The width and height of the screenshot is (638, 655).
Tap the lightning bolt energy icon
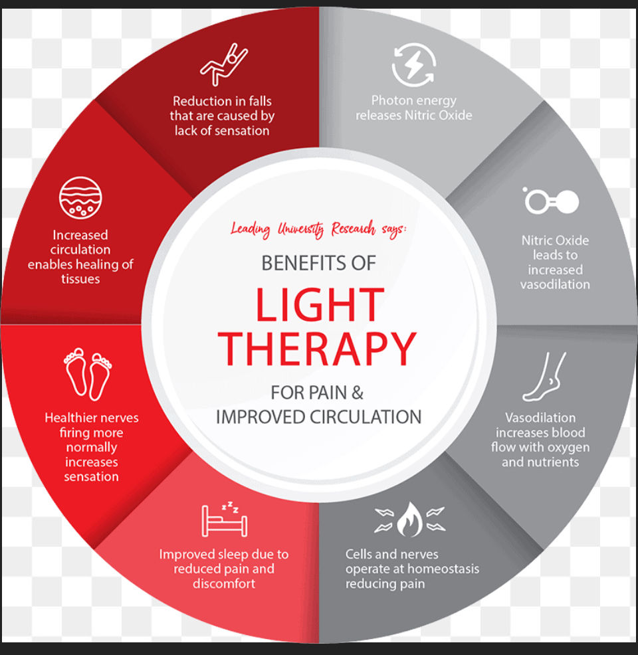(413, 65)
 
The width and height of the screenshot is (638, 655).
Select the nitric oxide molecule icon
(551, 201)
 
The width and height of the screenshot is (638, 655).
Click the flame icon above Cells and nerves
(410, 519)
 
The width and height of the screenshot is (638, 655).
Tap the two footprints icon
(88, 374)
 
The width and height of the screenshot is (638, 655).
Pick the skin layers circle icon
(80, 198)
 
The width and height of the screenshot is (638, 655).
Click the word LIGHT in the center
(320, 304)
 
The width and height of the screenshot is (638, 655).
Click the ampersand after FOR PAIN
(358, 393)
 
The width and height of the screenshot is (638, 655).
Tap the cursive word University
(301, 229)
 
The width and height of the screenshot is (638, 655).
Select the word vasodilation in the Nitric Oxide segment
(555, 284)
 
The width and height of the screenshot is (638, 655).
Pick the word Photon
(390, 100)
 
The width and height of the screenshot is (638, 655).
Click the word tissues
(80, 278)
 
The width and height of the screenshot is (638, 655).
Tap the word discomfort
(224, 583)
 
